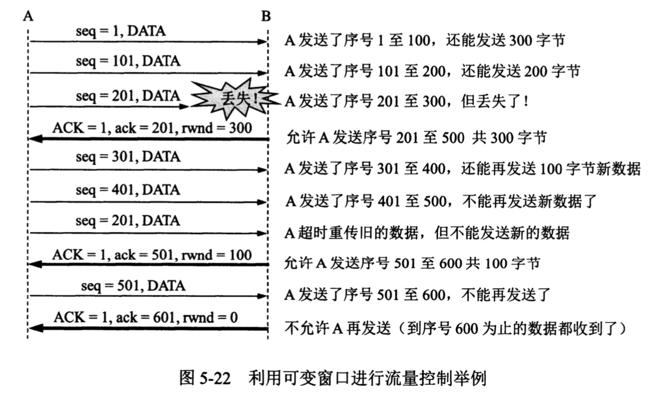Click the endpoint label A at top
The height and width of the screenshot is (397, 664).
click(x=28, y=16)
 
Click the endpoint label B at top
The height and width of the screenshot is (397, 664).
click(x=266, y=16)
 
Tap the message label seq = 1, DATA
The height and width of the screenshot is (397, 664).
click(x=121, y=31)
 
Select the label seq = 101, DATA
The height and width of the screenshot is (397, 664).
click(x=128, y=61)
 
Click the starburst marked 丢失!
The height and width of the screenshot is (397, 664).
click(x=235, y=98)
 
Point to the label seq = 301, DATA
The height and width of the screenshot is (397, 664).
click(x=128, y=157)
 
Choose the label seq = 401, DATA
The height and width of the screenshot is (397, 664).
click(x=128, y=190)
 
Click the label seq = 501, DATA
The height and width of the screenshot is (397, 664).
click(x=133, y=286)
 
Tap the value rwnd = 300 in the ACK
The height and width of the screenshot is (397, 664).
click(x=217, y=128)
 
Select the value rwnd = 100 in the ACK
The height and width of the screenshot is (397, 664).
click(x=217, y=255)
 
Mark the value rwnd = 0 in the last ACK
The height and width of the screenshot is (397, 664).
click(x=210, y=317)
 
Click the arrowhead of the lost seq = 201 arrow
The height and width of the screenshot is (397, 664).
click(x=184, y=107)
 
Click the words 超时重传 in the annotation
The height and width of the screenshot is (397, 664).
click(x=328, y=233)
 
